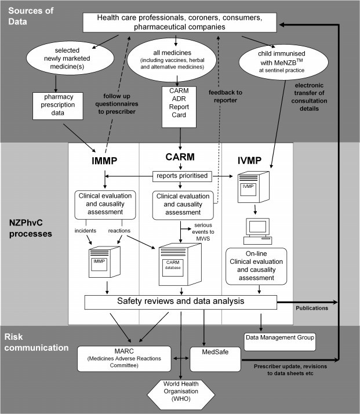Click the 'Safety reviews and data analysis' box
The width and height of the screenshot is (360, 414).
181,302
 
